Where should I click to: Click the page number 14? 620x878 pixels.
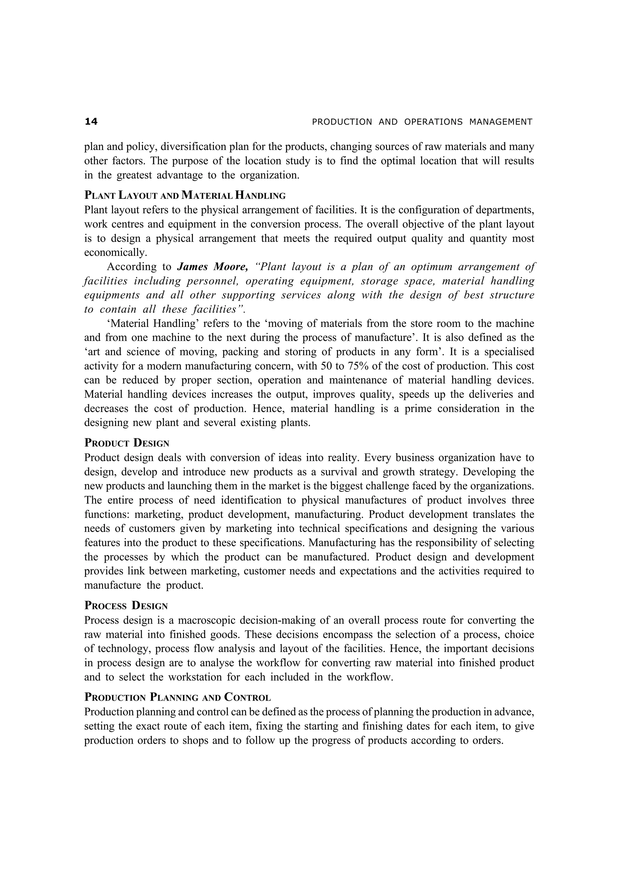pos(91,121)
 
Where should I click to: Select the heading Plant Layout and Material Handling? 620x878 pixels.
pos(185,195)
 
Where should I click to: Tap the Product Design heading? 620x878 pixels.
pos(127,443)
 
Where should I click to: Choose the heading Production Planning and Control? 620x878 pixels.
pos(178,697)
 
